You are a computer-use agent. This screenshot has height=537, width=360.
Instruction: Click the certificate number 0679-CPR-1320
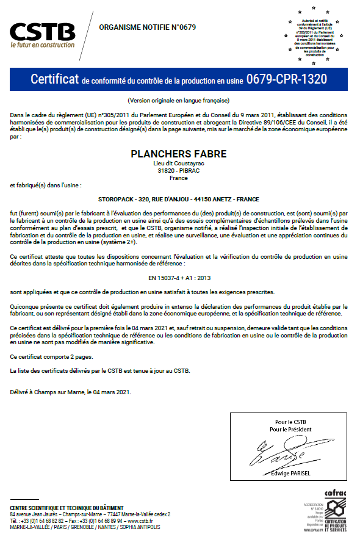tap(287, 79)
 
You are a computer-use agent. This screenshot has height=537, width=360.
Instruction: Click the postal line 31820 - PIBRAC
tap(179, 171)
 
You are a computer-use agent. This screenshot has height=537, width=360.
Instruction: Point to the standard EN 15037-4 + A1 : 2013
tap(179, 278)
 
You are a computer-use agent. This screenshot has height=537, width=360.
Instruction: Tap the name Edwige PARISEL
tap(289, 474)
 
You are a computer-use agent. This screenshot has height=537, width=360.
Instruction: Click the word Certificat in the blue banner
tap(55, 79)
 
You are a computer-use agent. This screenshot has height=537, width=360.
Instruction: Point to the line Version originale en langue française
tap(179, 100)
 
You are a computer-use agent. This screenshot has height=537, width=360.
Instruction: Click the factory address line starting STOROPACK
tap(179, 200)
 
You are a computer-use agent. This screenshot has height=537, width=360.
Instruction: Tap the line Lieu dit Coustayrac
tap(179, 164)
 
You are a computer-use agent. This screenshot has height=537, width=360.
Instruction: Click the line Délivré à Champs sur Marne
tap(70, 392)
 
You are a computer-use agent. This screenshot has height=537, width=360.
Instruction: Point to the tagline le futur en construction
tap(42, 45)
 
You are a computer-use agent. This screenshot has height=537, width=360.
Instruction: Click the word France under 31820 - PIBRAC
tap(179, 178)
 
